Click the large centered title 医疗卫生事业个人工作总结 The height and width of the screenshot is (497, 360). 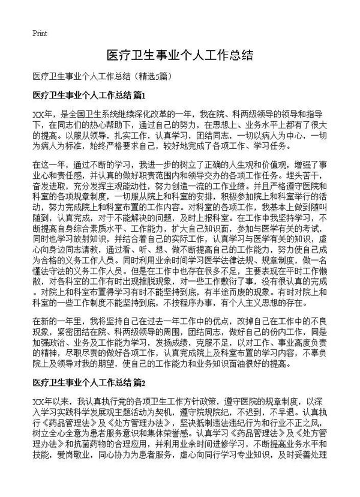coord(179,56)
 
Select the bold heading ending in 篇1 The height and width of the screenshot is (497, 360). coord(89,95)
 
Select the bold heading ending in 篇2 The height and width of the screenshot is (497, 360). coord(89,382)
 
